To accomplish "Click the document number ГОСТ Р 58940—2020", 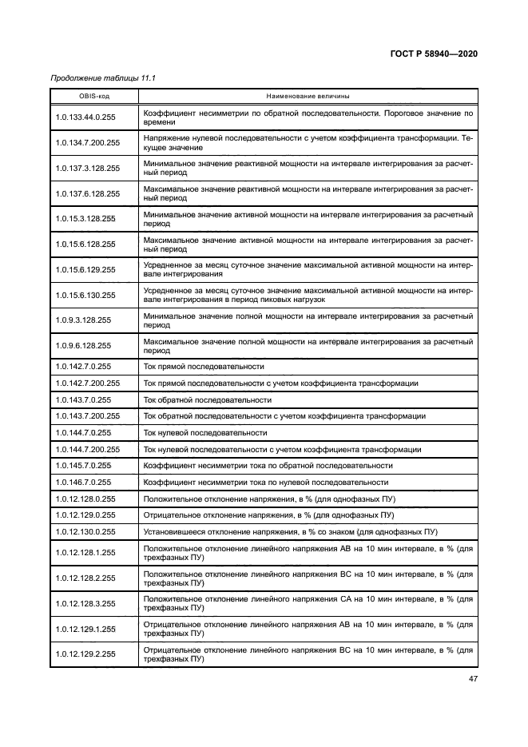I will click(x=435, y=54).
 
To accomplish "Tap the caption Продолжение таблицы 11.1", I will click(x=101, y=78).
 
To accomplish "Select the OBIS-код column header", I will click(x=94, y=96).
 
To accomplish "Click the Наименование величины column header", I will click(x=308, y=96).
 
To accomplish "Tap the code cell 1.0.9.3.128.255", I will click(x=84, y=320).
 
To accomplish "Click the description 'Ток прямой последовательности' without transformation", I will click(x=204, y=366).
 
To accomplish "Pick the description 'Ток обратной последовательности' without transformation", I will click(x=207, y=399).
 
